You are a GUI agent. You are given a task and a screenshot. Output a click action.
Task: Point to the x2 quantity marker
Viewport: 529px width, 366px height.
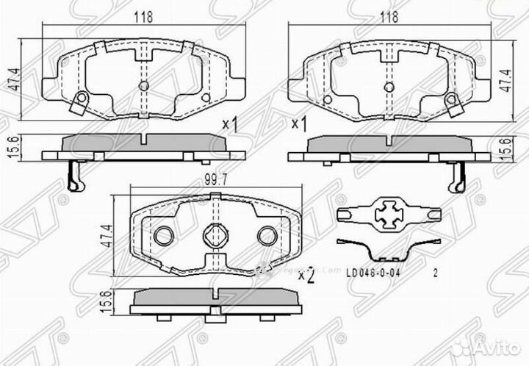point(306,276)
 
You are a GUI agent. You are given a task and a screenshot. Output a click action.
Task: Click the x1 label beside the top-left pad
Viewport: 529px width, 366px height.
point(231,125)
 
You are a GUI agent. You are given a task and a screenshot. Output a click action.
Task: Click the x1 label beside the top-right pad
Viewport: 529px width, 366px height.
point(298,123)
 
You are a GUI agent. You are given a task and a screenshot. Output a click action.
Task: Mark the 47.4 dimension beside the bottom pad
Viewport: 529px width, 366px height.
point(104,235)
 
